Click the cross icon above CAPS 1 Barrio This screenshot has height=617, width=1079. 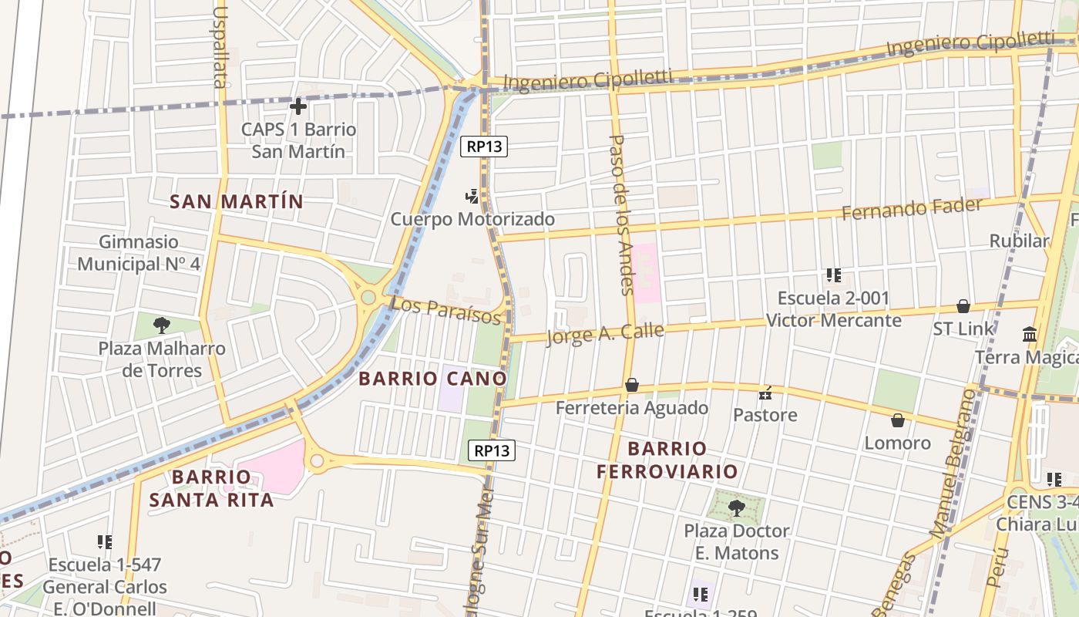(x=298, y=106)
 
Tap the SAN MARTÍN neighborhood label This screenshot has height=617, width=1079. (x=237, y=202)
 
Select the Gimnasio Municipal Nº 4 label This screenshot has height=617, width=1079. (x=139, y=253)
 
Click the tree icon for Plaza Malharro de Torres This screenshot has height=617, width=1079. (x=161, y=325)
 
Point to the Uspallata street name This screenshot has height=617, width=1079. (x=220, y=48)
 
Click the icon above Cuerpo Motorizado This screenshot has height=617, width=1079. (x=472, y=197)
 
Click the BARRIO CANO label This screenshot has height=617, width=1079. (x=432, y=379)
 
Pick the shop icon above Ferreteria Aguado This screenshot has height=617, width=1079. (x=632, y=385)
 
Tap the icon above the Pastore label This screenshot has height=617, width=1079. (x=765, y=393)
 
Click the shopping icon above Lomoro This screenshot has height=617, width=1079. (x=897, y=420)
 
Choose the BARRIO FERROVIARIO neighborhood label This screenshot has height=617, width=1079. (x=667, y=460)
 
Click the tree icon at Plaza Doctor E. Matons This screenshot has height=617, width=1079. (x=736, y=507)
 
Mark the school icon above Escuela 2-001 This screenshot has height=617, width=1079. (x=833, y=275)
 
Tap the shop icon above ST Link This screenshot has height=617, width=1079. (x=963, y=306)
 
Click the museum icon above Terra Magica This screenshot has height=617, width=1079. (x=1030, y=335)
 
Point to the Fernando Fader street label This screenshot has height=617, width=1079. (x=912, y=208)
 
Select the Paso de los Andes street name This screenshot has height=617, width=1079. (x=621, y=214)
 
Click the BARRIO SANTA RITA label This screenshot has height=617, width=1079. (x=211, y=488)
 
